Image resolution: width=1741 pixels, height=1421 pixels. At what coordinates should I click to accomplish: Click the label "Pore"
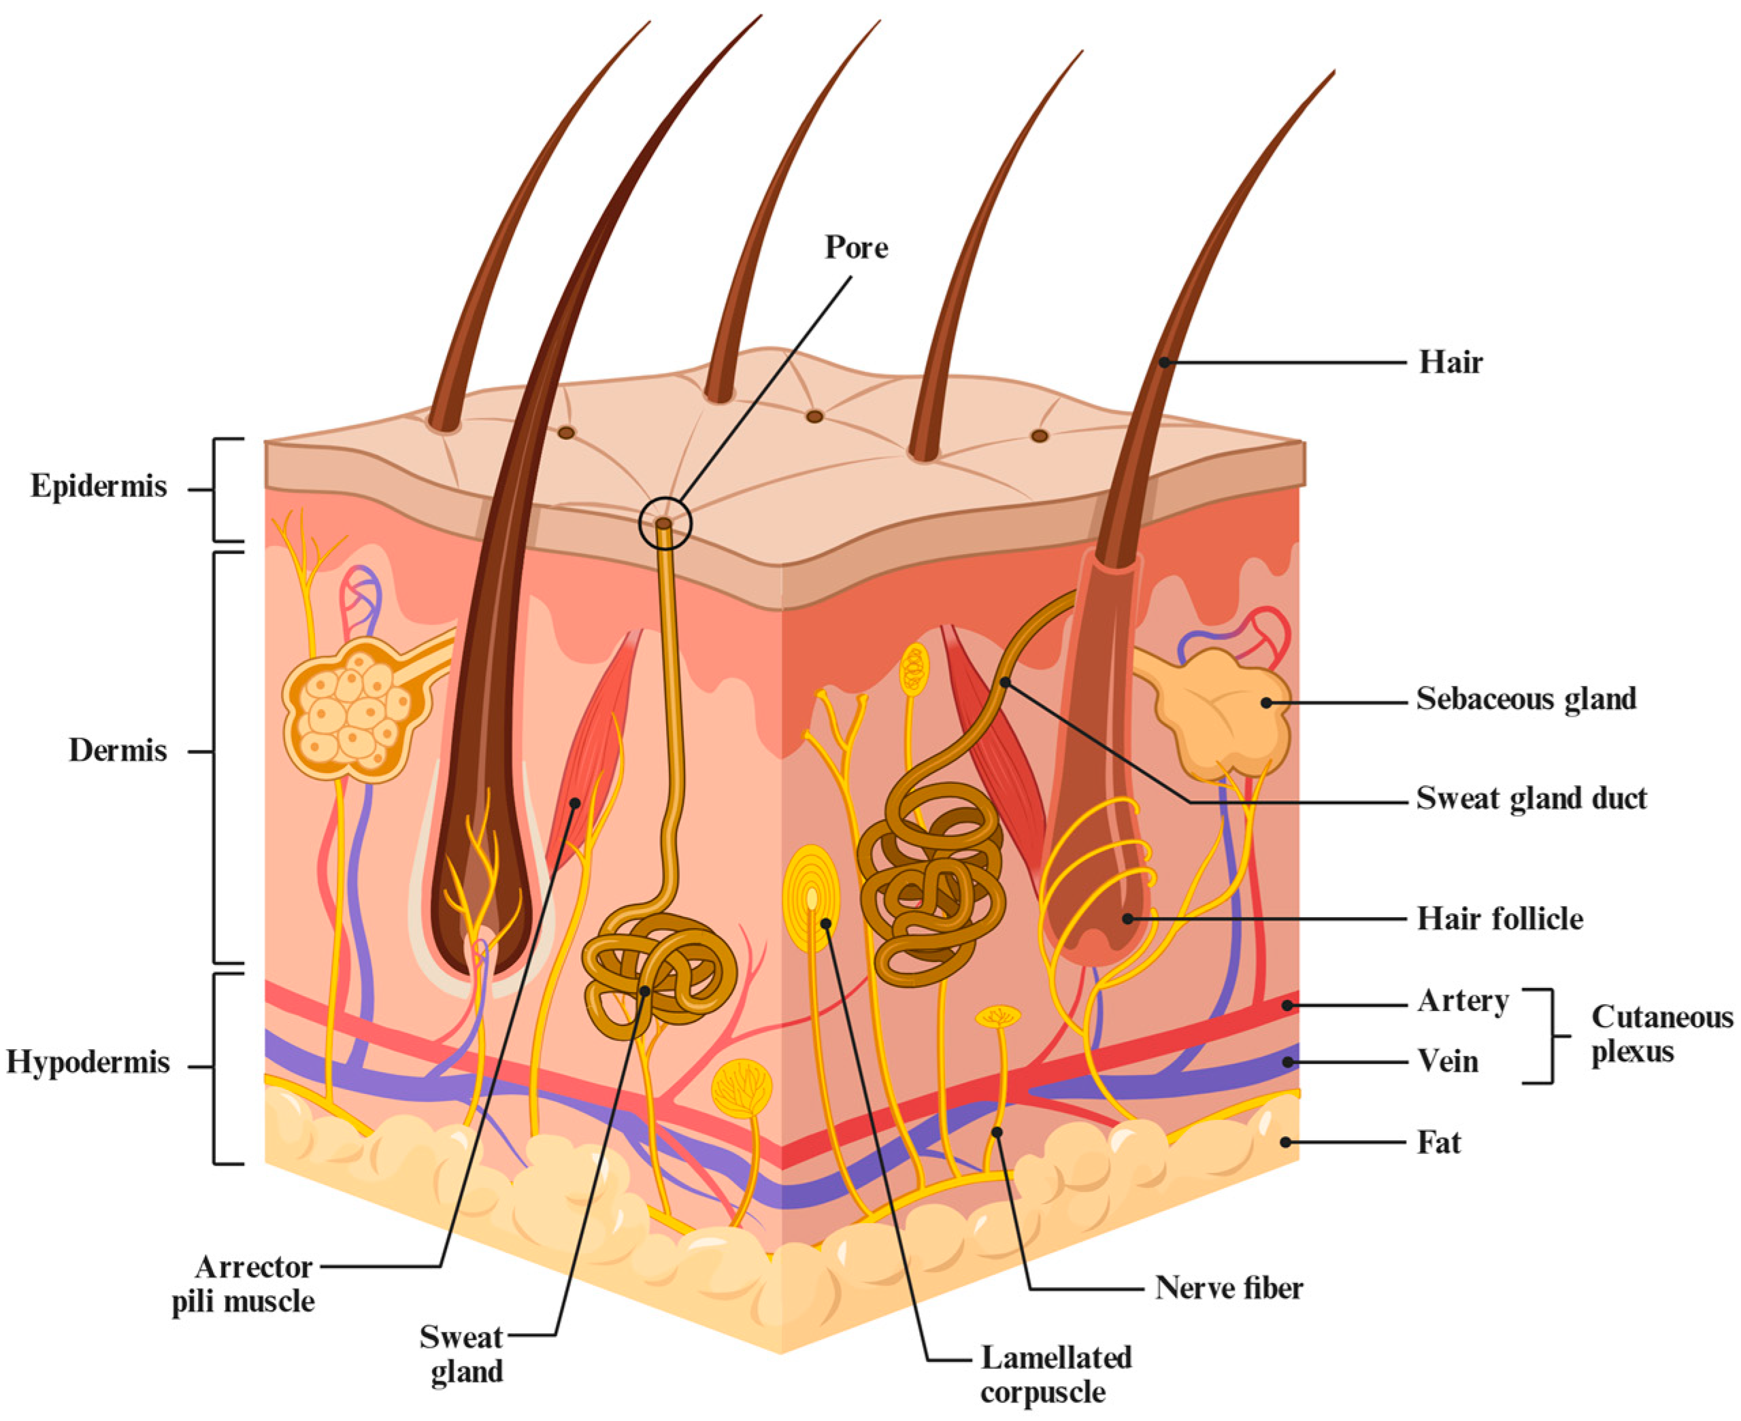856,247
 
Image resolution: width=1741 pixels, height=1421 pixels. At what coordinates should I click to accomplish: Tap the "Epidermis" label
98,486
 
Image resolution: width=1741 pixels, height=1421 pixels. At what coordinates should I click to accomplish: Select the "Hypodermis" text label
88,1063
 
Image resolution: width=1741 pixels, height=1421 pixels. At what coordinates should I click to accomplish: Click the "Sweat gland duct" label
1531,798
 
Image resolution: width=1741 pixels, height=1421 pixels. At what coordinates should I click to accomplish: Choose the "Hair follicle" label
1500,919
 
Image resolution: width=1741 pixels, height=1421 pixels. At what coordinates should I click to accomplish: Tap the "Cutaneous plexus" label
1661,1034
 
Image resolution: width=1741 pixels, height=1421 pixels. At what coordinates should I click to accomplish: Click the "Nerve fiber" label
1229,1288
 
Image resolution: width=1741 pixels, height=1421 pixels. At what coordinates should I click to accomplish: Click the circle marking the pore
665,523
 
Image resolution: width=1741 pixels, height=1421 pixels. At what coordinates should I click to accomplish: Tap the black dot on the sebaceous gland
1266,702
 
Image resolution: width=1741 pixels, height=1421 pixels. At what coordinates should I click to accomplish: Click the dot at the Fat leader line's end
1287,1143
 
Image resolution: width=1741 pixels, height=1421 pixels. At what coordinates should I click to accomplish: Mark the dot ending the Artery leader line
1288,1005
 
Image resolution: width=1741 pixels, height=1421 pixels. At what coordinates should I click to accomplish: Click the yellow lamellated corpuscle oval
812,899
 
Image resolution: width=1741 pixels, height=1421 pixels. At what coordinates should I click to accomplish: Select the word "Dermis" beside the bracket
117,751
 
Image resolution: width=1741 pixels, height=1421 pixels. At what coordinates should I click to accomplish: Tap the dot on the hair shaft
1163,362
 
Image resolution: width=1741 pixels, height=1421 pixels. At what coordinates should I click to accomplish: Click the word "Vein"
1448,1063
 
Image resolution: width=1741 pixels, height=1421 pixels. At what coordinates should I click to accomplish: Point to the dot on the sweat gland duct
1005,682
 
